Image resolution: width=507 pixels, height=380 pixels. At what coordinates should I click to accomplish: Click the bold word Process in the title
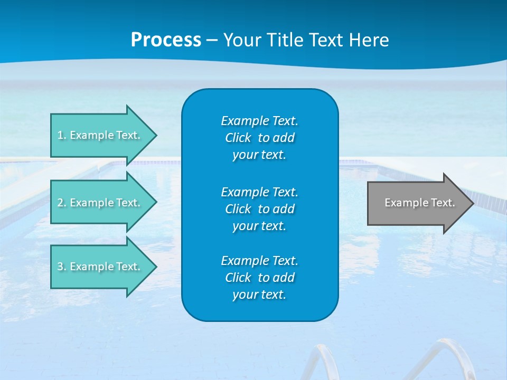click(166, 40)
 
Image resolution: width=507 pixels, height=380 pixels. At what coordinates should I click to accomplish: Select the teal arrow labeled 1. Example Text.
click(100, 135)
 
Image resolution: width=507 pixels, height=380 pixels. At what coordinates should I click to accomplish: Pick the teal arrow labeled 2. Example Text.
click(100, 203)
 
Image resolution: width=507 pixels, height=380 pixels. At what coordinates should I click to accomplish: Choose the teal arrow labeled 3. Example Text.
click(100, 267)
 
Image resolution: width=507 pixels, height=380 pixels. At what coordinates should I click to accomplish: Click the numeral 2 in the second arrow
click(60, 203)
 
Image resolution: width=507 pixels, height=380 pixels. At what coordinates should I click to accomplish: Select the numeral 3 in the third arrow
click(60, 267)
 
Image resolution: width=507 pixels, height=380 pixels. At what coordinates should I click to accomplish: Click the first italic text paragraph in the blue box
click(259, 138)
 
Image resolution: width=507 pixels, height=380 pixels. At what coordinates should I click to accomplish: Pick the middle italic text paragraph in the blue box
click(259, 209)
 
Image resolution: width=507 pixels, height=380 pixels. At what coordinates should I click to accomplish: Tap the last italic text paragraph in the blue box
click(259, 278)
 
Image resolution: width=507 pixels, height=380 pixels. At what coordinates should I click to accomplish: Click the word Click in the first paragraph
click(238, 138)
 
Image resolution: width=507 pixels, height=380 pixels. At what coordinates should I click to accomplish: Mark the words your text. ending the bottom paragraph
click(259, 294)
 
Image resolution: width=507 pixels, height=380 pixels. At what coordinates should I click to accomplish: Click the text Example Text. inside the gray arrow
click(419, 203)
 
